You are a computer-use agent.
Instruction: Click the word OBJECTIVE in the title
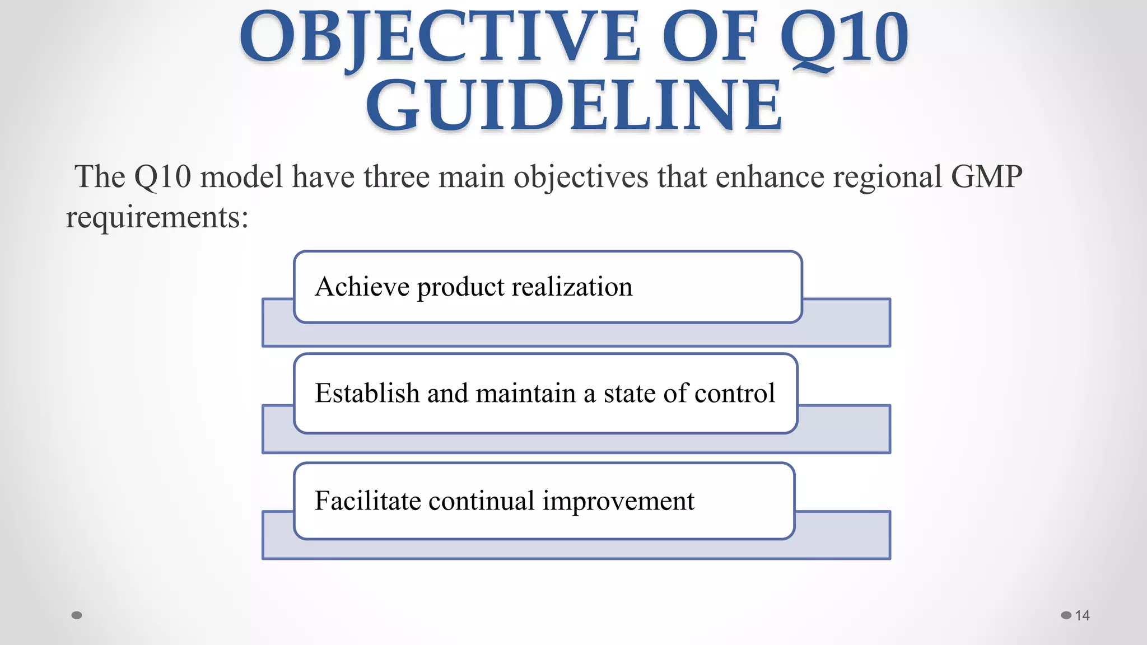440,38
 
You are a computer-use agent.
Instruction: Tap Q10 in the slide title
844,38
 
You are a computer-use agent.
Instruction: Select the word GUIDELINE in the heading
573,105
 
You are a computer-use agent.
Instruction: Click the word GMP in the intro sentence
986,177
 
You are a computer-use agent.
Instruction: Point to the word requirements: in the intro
157,218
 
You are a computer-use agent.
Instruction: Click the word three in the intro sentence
396,177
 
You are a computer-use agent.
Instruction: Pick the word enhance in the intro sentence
770,177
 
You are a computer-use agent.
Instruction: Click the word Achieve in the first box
362,287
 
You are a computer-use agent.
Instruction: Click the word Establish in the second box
367,393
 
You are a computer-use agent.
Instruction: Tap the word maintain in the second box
525,393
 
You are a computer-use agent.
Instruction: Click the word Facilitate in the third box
367,501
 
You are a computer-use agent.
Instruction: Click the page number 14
1082,615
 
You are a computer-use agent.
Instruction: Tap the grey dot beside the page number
1066,615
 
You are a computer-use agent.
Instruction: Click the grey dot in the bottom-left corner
77,615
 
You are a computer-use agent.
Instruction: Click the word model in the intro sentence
241,177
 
